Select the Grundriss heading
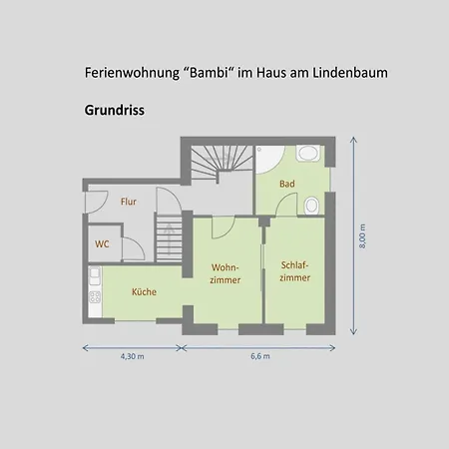pos(115,111)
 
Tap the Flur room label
pos(129,202)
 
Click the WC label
pos(102,244)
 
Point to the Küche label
pos(144,291)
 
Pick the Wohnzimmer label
pos(225,273)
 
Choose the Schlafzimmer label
pos(295,271)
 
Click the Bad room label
pos(287,184)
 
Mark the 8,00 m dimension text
pos(362,236)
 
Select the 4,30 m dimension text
pos(133,356)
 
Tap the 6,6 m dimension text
pos(260,356)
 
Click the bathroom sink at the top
pos(308,153)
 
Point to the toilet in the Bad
pos(311,206)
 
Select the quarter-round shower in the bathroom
pos(269,160)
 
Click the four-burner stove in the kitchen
pos(95,296)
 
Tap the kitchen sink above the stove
pos(95,275)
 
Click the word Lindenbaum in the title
pos(350,73)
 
